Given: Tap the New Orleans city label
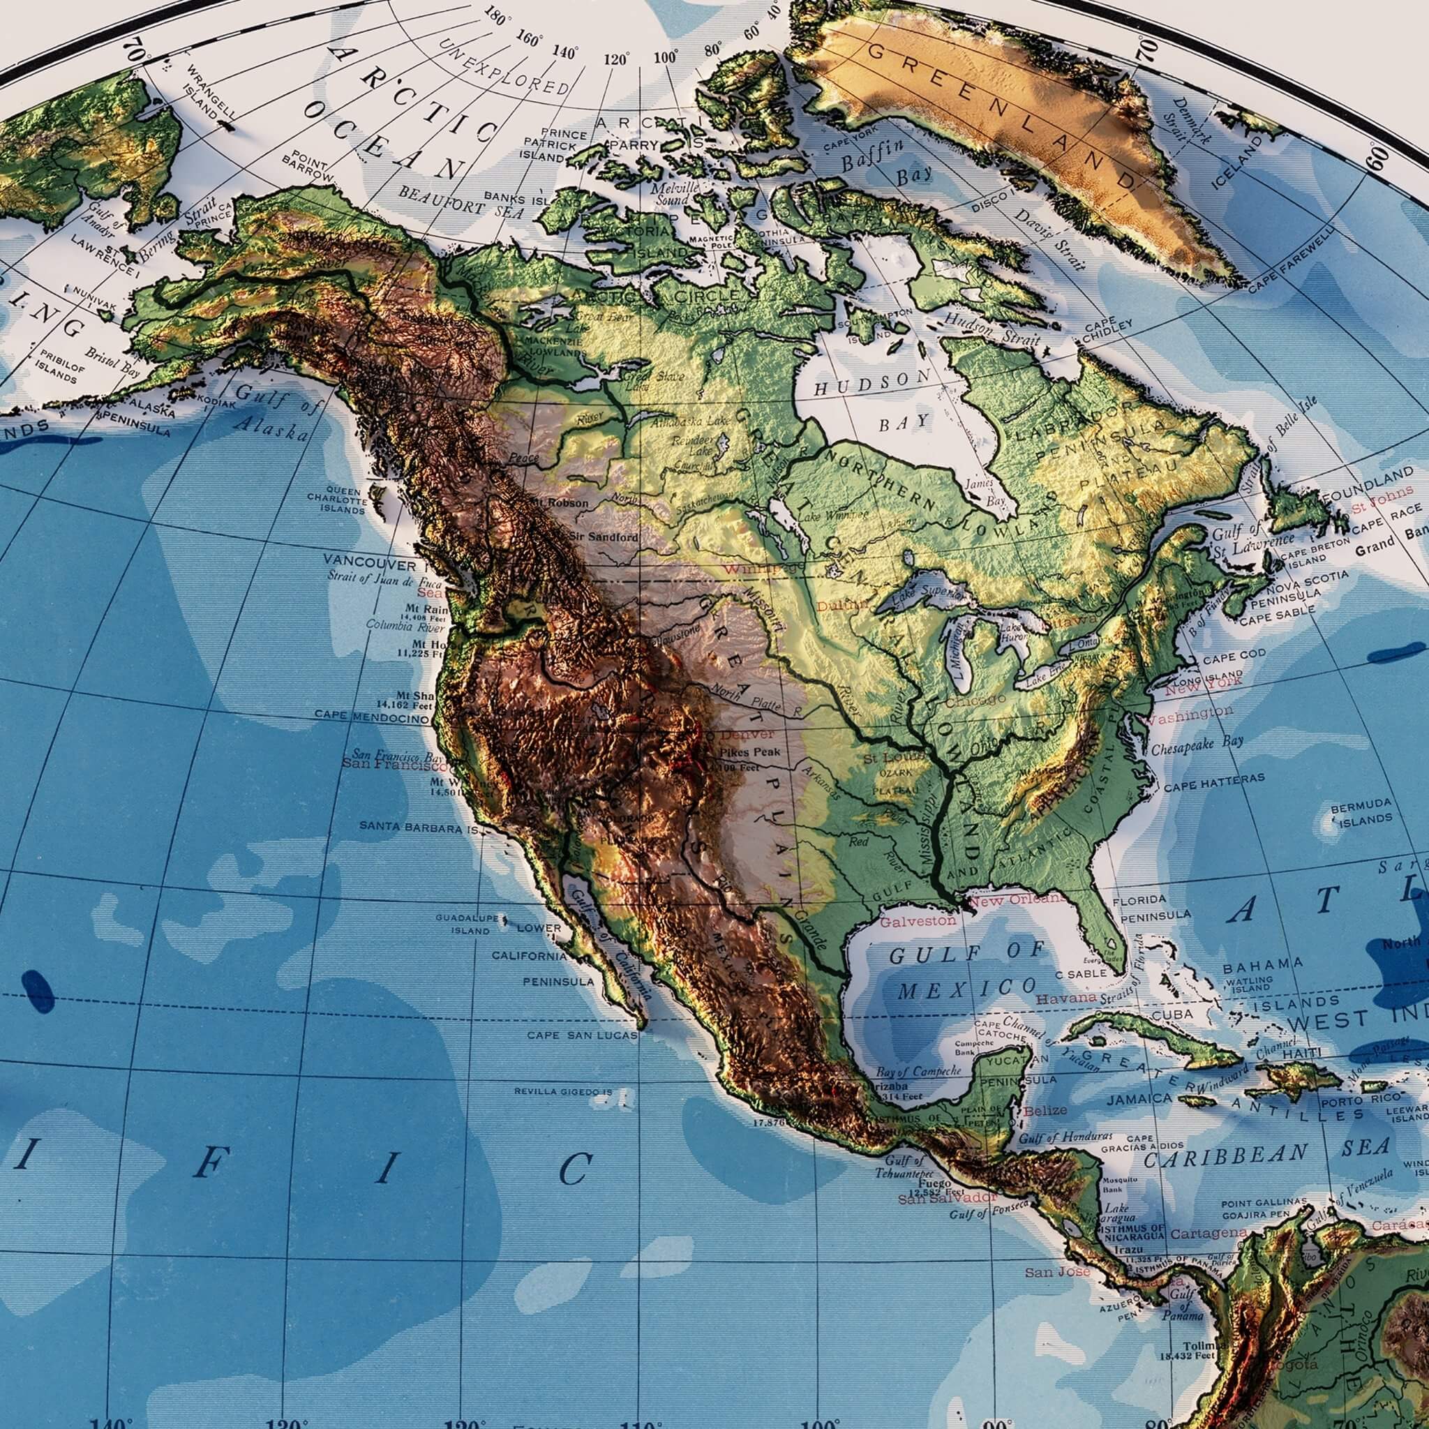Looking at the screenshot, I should point(1018,900).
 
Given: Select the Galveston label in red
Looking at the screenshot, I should point(917,921).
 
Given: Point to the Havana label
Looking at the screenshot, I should point(1065,998).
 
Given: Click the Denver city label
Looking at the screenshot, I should point(747,735).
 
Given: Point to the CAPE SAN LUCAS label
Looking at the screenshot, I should point(582,1035).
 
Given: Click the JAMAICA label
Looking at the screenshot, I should point(1139,1100).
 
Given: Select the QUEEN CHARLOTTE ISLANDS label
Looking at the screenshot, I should point(336,500).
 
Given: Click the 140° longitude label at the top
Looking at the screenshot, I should point(565,52).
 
